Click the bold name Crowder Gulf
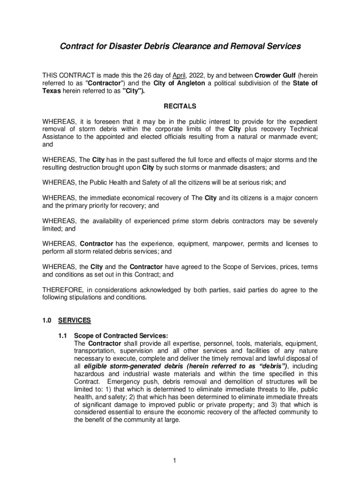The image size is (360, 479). pyautogui.click(x=275, y=75)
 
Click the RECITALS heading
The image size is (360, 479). pyautogui.click(x=180, y=106)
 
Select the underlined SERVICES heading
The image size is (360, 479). pyautogui.click(x=74, y=320)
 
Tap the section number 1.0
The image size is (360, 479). pyautogui.click(x=47, y=320)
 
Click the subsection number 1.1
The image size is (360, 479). pyautogui.click(x=63, y=335)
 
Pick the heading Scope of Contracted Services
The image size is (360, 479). pyautogui.click(x=121, y=335)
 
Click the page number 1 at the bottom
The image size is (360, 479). pyautogui.click(x=174, y=461)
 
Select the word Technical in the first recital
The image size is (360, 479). pyautogui.click(x=302, y=129)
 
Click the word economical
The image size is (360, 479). pyautogui.click(x=133, y=198)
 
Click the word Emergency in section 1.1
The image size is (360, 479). pyautogui.click(x=119, y=381)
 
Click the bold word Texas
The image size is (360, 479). pyautogui.click(x=51, y=91)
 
